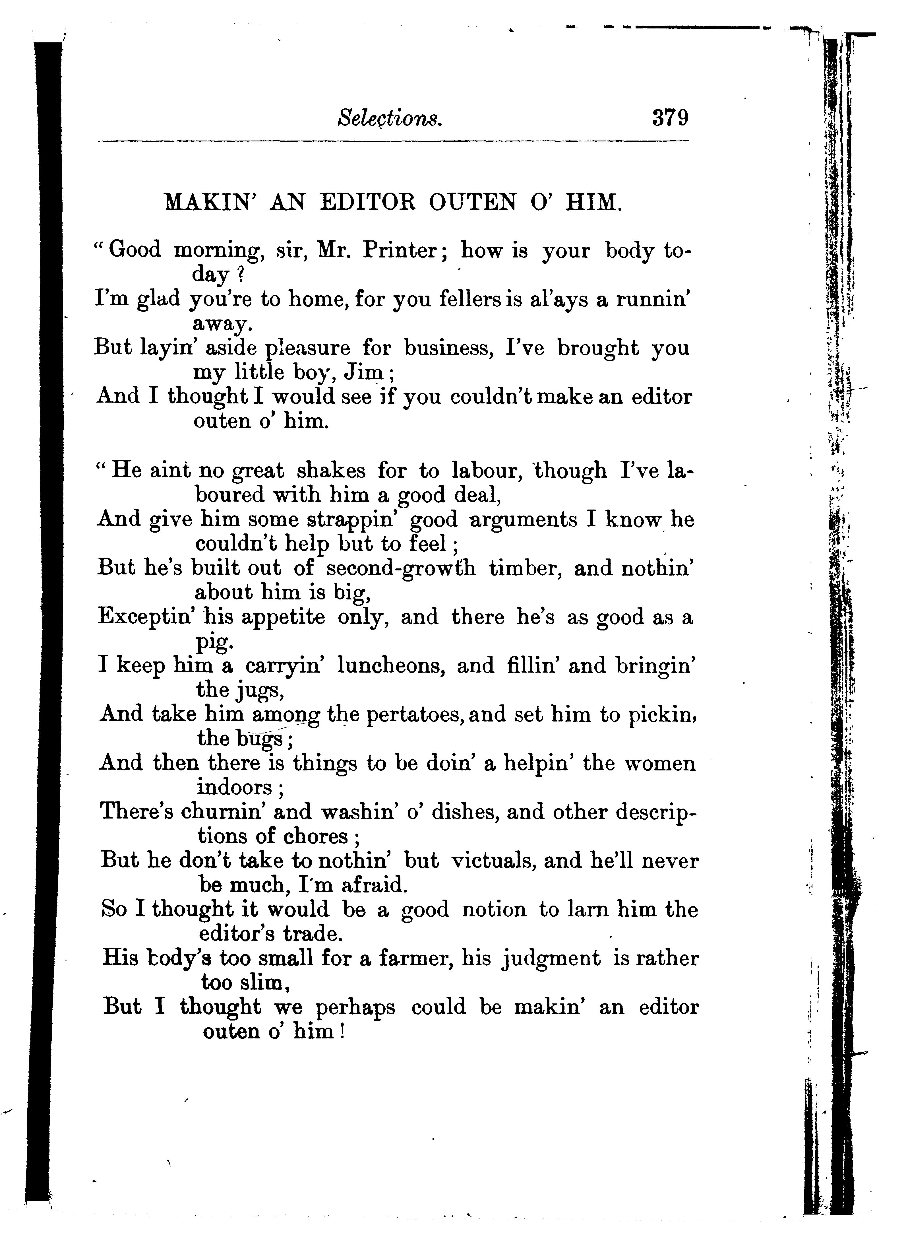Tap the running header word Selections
389,118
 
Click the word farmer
413,958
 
